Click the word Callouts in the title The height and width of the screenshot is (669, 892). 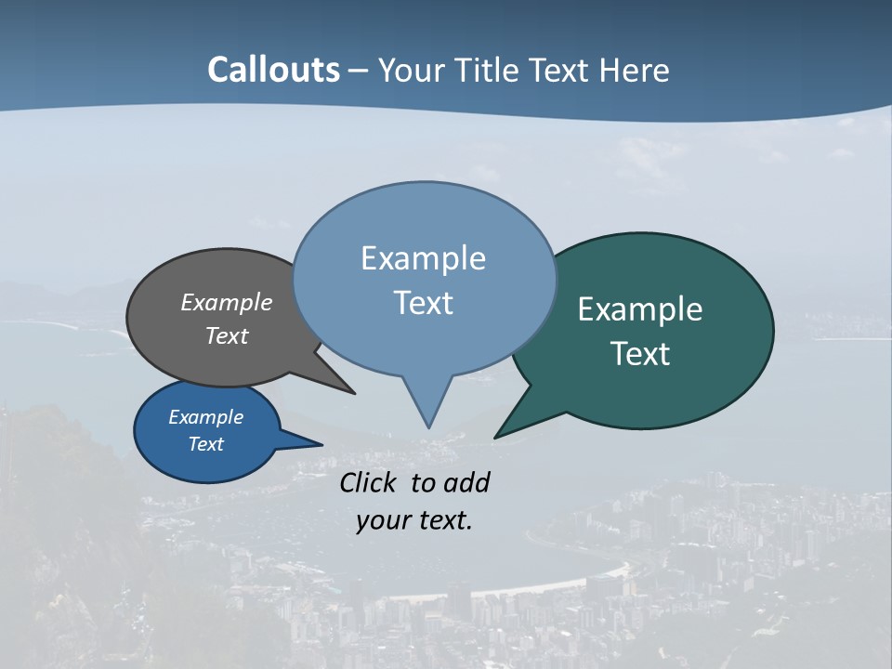273,70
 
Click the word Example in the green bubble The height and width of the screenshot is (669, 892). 640,309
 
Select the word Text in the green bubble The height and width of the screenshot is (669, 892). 640,354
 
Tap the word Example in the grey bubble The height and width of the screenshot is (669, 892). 227,302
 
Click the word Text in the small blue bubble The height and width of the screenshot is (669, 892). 206,444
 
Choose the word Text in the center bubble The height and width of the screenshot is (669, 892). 423,303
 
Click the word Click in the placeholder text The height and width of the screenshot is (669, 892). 369,482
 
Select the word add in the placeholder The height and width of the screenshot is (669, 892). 466,482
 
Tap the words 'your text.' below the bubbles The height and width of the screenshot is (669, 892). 414,520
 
